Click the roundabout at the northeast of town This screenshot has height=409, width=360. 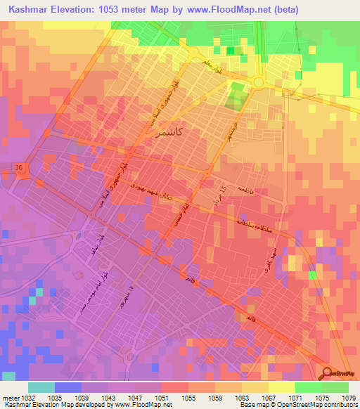(x=258, y=83)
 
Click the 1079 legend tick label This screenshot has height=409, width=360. (x=349, y=398)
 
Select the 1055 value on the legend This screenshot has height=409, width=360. (x=188, y=398)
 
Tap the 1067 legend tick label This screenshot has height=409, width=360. (x=269, y=398)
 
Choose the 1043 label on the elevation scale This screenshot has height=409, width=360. (x=108, y=398)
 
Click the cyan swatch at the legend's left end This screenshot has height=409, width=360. (x=41, y=387)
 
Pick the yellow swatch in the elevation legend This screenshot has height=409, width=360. (x=282, y=387)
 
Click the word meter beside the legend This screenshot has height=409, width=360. (x=10, y=398)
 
